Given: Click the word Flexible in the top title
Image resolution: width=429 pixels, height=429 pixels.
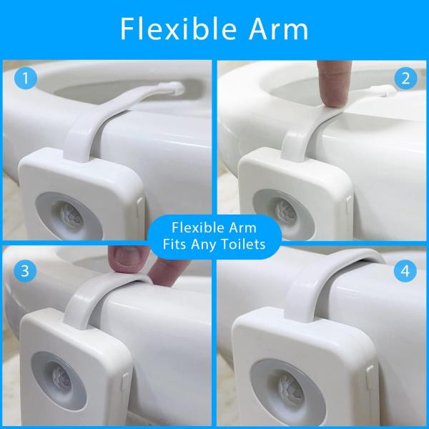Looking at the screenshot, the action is click(x=178, y=29).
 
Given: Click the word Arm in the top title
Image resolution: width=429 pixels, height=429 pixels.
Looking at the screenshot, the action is click(x=278, y=29).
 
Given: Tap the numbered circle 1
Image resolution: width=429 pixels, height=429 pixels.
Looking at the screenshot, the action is click(x=26, y=78).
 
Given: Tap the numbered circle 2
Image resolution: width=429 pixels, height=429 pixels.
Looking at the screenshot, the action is click(x=405, y=79).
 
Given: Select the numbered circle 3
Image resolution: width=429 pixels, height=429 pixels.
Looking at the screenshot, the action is click(x=25, y=271).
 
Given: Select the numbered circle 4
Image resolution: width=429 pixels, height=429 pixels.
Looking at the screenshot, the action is click(x=405, y=271).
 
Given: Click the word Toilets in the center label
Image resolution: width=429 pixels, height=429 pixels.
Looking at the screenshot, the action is click(x=243, y=244).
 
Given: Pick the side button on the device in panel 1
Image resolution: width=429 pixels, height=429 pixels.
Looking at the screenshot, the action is click(x=140, y=209).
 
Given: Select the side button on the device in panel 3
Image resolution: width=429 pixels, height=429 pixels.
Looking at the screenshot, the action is click(x=126, y=380).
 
